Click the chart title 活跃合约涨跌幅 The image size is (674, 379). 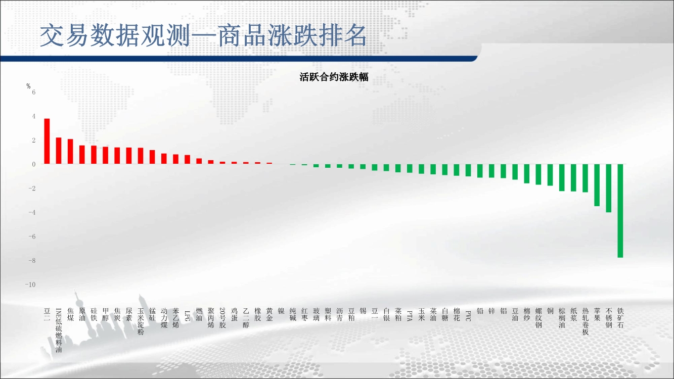334,77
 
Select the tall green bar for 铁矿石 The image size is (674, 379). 620,211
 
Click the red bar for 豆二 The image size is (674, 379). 47,141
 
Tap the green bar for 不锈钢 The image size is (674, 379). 608,188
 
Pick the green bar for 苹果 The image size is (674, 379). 597,185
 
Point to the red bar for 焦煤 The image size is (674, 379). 70,151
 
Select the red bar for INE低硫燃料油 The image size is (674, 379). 59,151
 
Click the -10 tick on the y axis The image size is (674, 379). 30,285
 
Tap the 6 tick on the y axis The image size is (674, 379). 34,92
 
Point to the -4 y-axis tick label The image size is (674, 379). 31,212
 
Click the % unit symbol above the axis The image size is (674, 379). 28,86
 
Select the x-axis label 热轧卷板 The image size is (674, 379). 585,321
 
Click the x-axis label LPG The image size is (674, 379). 187,315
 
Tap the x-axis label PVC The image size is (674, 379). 468,315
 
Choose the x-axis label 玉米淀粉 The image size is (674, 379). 141,321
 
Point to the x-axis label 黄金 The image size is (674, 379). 269,314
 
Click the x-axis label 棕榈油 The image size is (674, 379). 562,318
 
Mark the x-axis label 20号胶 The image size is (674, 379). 222,318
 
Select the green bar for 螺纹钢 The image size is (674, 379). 538,174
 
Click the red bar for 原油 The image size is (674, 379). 82,155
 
